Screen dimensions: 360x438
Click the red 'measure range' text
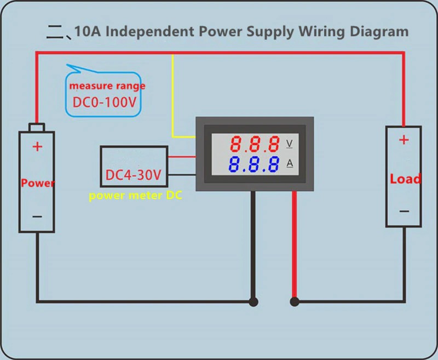[x=107, y=86]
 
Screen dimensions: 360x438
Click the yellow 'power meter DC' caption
[x=135, y=196]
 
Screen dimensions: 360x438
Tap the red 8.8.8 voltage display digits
[x=255, y=145]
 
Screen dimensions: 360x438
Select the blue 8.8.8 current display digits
[x=255, y=165]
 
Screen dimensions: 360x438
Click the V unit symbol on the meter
[x=290, y=144]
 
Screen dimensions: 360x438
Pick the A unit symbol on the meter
[x=290, y=164]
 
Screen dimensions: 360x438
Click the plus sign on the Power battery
[x=37, y=146]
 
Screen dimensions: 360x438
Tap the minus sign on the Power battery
[x=37, y=216]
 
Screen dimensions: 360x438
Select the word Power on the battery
[x=37, y=183]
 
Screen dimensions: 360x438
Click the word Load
[x=405, y=179]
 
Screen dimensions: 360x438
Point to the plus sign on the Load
[x=404, y=140]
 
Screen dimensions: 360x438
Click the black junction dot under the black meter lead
[x=253, y=301]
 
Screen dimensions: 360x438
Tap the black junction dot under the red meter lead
[x=295, y=301]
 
